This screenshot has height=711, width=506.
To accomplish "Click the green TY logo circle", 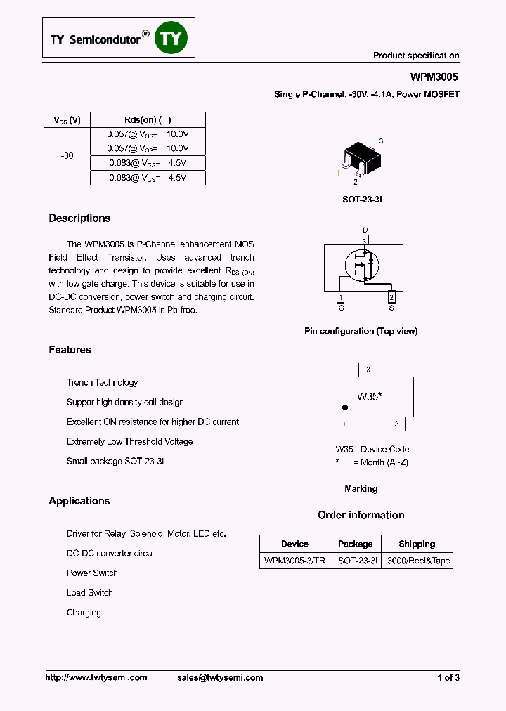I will coord(171,39).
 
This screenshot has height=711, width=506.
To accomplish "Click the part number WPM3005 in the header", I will coord(435,79).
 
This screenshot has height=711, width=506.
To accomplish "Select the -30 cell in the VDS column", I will coord(67,156).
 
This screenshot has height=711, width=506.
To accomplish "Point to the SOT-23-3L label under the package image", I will coord(363,200).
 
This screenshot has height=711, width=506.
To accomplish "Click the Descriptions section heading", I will coord(79,218).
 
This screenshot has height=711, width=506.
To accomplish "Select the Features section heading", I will coord(70,350).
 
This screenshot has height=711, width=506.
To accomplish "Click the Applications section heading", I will coord(79,501).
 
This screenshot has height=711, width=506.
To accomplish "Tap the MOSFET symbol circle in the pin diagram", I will coord(362,265).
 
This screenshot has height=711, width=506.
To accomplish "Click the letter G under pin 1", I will coord(342,308).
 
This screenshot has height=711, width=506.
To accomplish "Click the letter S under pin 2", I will coord(391,308).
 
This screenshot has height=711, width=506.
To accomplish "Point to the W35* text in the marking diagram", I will coord(369,396).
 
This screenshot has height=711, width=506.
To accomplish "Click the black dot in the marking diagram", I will coord(344,407).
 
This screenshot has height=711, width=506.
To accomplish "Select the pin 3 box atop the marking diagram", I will coord(368,370).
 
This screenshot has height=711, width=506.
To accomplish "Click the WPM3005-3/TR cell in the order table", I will coord(294,561).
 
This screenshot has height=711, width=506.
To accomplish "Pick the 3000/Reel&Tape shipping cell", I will coord(417,561).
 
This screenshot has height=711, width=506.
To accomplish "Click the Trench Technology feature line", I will coord(102,383).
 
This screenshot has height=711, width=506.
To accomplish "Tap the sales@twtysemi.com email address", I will coord(219,677).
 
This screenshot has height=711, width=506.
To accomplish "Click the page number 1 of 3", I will coord(448,677).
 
